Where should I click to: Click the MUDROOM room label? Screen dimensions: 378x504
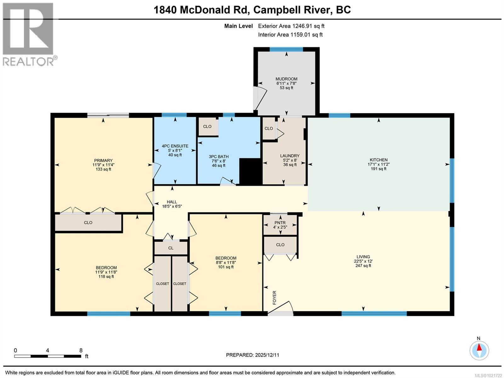(286, 79)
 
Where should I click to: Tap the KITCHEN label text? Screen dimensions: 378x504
(378, 160)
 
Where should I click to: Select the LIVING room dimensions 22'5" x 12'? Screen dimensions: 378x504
(363, 261)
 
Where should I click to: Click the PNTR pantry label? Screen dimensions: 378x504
(280, 223)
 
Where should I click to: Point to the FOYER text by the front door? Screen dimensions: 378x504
(274, 298)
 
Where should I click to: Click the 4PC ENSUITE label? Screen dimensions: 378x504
(175, 146)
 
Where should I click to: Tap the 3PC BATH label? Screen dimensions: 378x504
(219, 157)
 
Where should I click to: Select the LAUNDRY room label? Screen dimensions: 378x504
(289, 156)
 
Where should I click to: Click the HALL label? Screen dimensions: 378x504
(172, 202)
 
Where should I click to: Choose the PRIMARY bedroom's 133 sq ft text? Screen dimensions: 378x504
(103, 169)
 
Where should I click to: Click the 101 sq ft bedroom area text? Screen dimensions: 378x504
(226, 267)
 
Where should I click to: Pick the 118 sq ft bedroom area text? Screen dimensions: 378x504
(106, 277)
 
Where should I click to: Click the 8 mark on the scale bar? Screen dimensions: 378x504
(81, 350)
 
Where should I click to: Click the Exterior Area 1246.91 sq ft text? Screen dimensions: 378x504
(291, 26)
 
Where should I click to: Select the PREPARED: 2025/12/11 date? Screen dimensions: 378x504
(252, 355)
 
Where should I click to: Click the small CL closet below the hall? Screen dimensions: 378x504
(170, 248)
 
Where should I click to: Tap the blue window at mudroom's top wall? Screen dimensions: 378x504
(286, 49)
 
